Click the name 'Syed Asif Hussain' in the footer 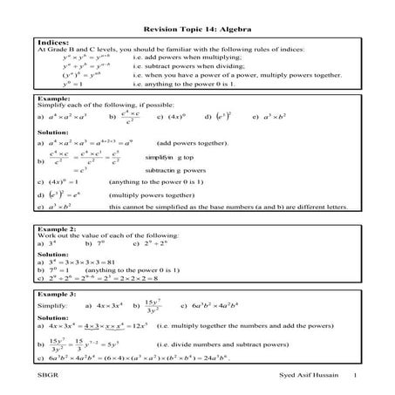[297, 376]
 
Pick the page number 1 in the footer [356, 376]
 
